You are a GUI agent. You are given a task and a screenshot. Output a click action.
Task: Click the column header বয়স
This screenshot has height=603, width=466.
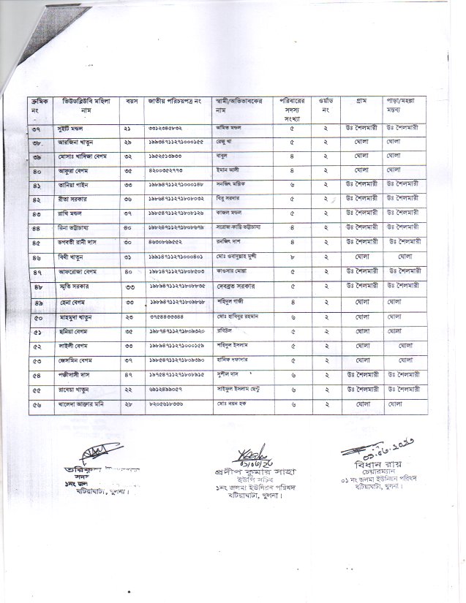point(132,101)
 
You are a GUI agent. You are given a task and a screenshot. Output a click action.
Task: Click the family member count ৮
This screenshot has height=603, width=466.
point(293,257)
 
